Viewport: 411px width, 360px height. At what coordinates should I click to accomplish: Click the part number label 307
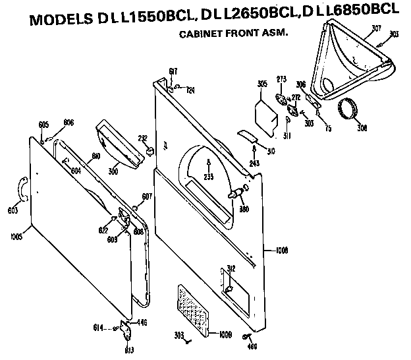[377, 27]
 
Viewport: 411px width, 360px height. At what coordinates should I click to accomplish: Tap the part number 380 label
[244, 211]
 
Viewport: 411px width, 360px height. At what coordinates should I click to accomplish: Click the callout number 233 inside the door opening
[209, 177]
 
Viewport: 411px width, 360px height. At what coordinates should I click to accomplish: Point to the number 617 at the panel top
[173, 71]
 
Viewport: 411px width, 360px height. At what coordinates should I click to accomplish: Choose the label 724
[190, 90]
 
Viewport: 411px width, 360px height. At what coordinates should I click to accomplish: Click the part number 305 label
[261, 84]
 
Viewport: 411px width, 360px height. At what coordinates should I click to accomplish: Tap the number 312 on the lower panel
[231, 268]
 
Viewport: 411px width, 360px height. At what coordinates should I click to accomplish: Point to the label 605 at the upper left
[43, 125]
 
